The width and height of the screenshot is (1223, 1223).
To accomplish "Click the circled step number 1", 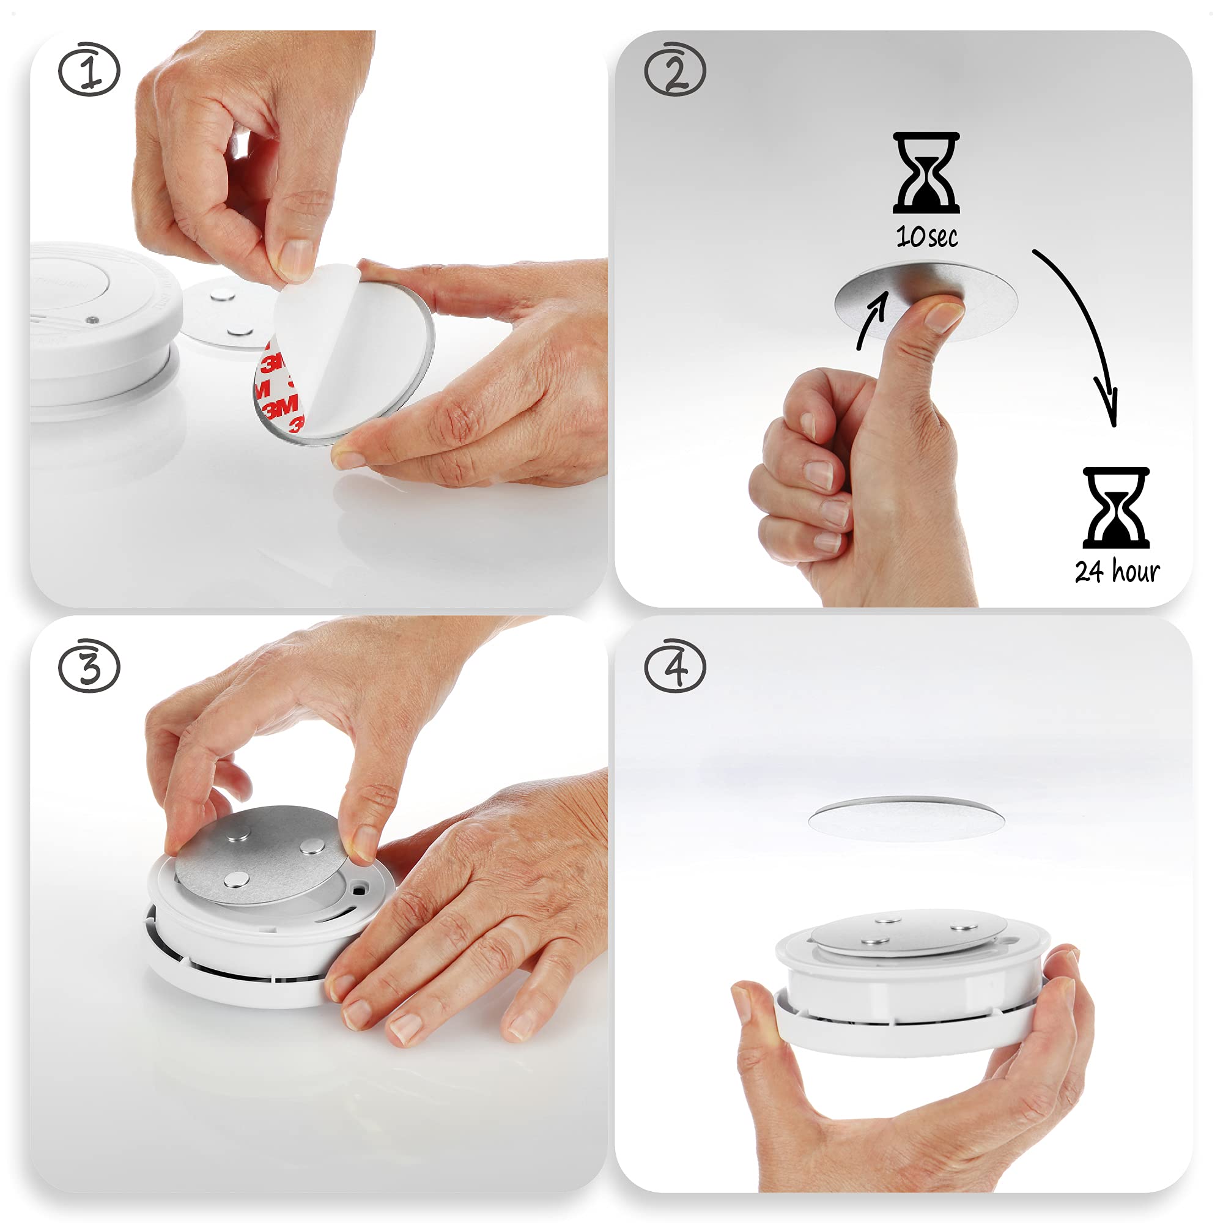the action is coord(89,70).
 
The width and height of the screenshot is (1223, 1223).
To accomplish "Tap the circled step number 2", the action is coord(675,70).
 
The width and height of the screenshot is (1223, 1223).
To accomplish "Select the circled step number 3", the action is coord(89,666).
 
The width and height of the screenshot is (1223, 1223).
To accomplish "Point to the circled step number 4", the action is coord(675,666).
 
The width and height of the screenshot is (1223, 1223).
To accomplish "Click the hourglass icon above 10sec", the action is coord(926,173).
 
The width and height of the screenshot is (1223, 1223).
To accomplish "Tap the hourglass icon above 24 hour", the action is coord(1116,508).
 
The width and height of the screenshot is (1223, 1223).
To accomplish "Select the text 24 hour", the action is coord(1117,571).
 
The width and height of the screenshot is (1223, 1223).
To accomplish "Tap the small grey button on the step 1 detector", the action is coord(92,320).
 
